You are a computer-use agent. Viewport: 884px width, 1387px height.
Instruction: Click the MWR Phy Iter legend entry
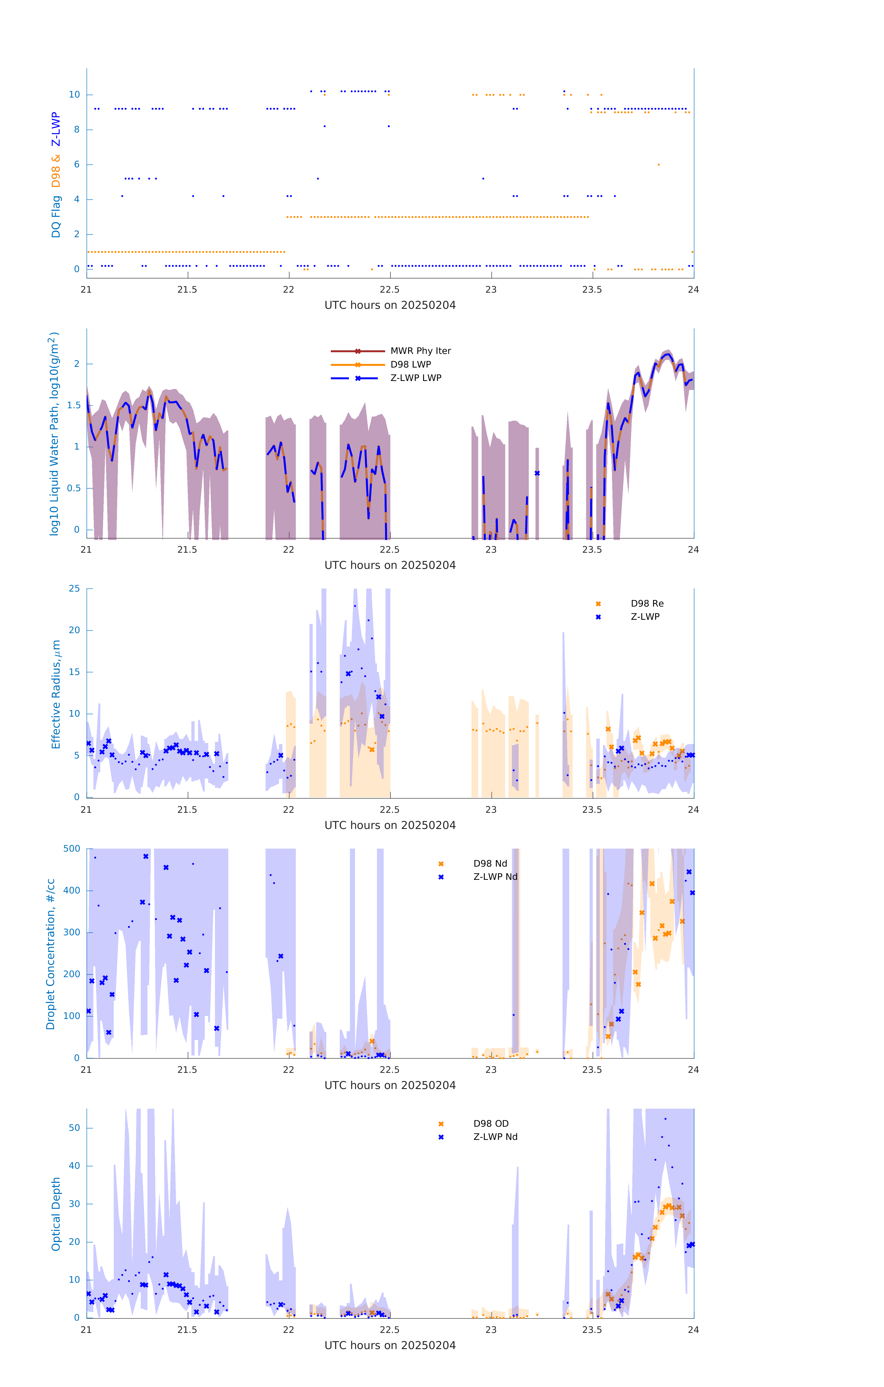(x=420, y=351)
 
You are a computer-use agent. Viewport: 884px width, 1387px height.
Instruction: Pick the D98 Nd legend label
(x=490, y=863)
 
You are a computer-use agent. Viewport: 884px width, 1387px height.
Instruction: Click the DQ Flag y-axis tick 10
(x=74, y=95)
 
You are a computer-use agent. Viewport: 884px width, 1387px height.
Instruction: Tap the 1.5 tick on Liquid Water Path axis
(x=74, y=405)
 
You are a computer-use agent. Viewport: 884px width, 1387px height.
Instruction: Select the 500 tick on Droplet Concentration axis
(x=72, y=848)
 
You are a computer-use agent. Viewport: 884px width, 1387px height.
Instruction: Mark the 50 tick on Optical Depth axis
(x=74, y=1128)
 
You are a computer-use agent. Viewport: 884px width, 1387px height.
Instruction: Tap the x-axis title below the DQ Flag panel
(x=390, y=305)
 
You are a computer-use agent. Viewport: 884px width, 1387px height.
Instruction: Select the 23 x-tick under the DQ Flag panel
(x=491, y=290)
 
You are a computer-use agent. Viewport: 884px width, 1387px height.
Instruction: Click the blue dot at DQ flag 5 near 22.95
(x=483, y=178)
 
